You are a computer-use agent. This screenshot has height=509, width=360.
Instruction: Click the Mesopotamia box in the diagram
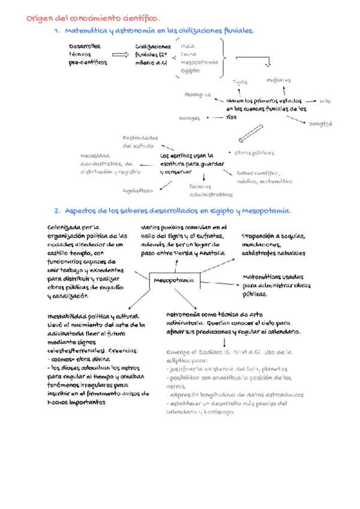pyautogui.click(x=174, y=280)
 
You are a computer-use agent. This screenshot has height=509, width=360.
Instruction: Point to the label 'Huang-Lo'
pyautogui.click(x=197, y=95)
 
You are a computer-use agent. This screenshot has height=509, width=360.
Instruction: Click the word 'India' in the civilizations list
pyautogui.click(x=187, y=46)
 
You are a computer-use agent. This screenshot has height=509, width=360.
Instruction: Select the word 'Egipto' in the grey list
pyautogui.click(x=190, y=71)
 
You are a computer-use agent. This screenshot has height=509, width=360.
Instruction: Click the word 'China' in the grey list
pyautogui.click(x=188, y=54)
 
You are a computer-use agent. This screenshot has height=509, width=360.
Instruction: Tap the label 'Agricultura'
pyautogui.click(x=137, y=190)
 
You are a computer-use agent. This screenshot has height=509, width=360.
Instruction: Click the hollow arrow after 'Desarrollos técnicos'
pyautogui.click(x=120, y=55)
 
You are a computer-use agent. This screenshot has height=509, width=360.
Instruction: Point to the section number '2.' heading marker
pyautogui.click(x=57, y=211)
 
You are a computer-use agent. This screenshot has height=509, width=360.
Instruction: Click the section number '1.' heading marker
pyautogui.click(x=57, y=31)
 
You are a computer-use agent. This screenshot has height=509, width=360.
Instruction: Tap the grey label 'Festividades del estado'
pyautogui.click(x=140, y=142)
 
